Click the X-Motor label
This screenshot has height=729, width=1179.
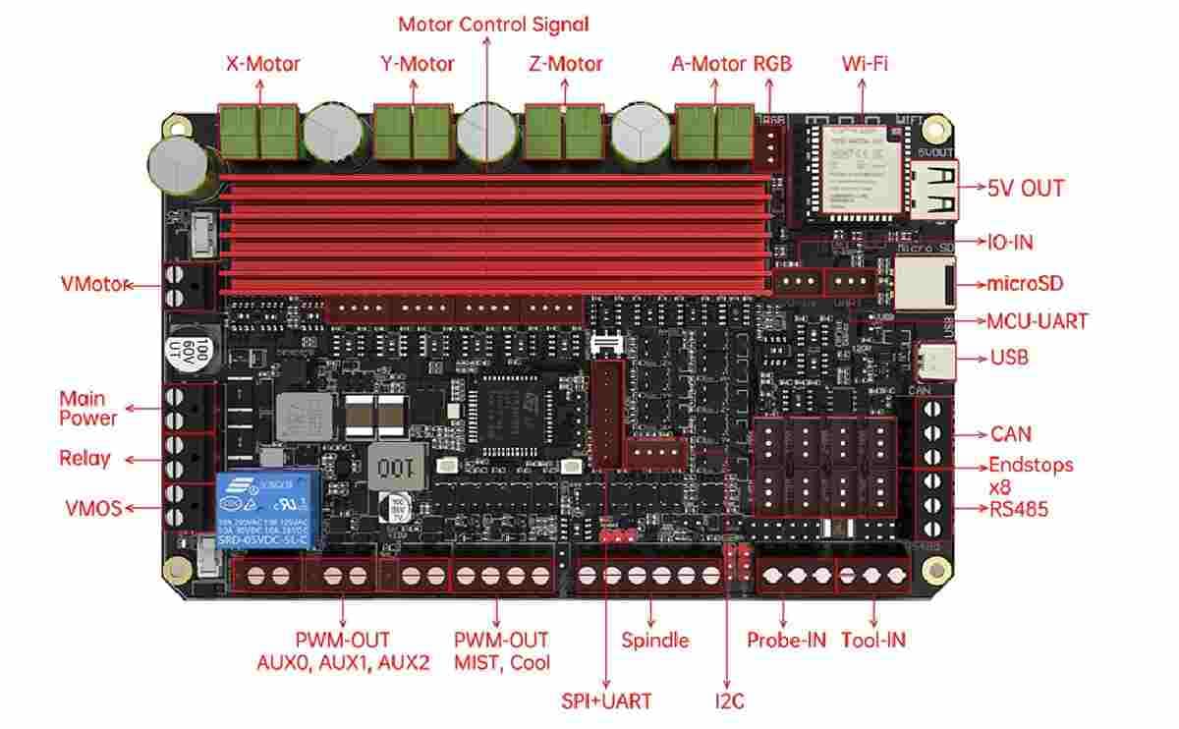point(262,65)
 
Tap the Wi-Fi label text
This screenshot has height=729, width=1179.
point(865,65)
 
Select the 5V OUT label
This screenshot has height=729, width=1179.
point(1025,188)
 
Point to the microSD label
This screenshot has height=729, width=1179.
point(1025,284)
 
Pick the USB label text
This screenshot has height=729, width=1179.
point(1009,358)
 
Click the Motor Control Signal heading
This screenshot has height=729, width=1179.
point(493,24)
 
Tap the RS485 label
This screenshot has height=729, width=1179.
point(1019,509)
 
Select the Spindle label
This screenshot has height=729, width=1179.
point(655,641)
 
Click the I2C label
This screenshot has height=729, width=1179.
point(728,701)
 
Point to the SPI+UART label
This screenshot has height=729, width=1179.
point(606,701)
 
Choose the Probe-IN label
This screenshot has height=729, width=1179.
point(786,641)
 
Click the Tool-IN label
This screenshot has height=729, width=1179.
point(872,641)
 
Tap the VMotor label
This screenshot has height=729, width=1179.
point(95,285)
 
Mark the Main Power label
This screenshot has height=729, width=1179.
point(87,409)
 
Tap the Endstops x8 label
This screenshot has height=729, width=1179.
point(1030,475)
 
